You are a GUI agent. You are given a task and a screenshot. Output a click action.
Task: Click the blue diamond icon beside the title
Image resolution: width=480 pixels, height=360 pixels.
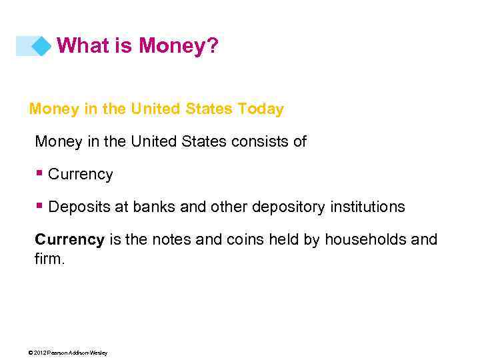(41, 46)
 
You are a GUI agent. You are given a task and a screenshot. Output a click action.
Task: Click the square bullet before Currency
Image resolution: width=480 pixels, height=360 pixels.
(41, 173)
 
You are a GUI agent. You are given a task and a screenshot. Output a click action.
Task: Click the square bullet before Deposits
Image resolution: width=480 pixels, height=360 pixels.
(41, 206)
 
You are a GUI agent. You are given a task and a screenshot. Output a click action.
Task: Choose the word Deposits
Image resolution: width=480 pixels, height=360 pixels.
(80, 207)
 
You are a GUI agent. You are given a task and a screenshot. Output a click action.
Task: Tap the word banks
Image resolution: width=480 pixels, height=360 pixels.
(155, 207)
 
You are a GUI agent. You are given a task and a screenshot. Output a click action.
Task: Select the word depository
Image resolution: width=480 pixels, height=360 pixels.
(288, 207)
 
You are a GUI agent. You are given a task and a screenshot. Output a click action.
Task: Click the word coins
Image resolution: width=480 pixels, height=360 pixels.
(246, 239)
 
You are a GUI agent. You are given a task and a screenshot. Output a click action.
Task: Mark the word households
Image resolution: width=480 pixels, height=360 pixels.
(364, 239)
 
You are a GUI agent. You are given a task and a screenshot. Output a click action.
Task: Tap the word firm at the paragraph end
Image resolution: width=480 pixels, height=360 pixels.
(48, 258)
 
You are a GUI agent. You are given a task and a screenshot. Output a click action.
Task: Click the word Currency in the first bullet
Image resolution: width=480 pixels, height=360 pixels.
(81, 175)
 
